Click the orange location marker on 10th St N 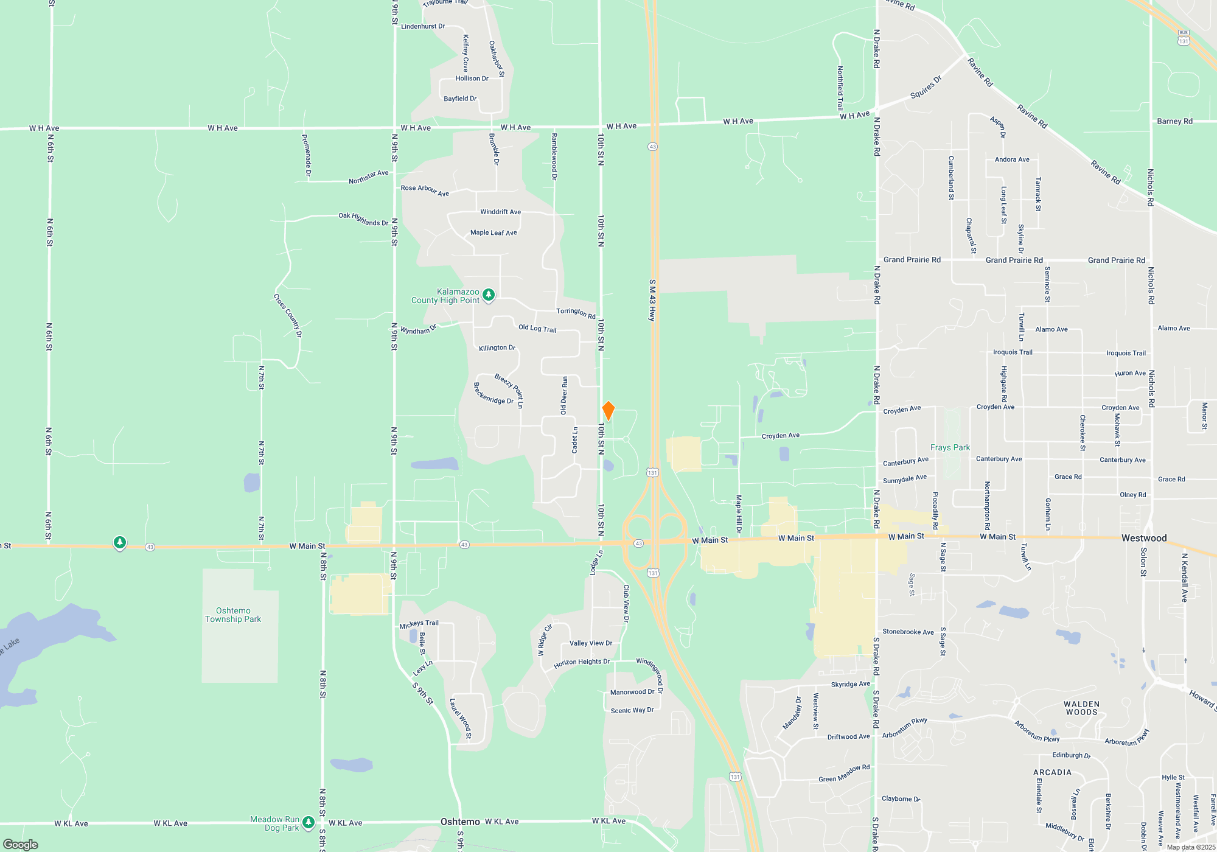[608, 411]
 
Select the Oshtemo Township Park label [233, 615]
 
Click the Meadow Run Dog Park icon [309, 823]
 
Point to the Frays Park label [950, 447]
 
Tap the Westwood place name [1144, 538]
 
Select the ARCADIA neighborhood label [1052, 772]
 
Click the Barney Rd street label [1174, 121]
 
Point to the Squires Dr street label [926, 87]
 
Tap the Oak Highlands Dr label [363, 219]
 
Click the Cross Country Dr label [288, 315]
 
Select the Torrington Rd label [576, 313]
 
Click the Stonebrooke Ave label [908, 632]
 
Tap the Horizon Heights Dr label [581, 663]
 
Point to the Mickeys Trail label [419, 624]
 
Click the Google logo [21, 844]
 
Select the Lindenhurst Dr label [423, 27]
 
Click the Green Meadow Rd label [844, 773]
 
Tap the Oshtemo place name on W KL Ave [460, 822]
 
